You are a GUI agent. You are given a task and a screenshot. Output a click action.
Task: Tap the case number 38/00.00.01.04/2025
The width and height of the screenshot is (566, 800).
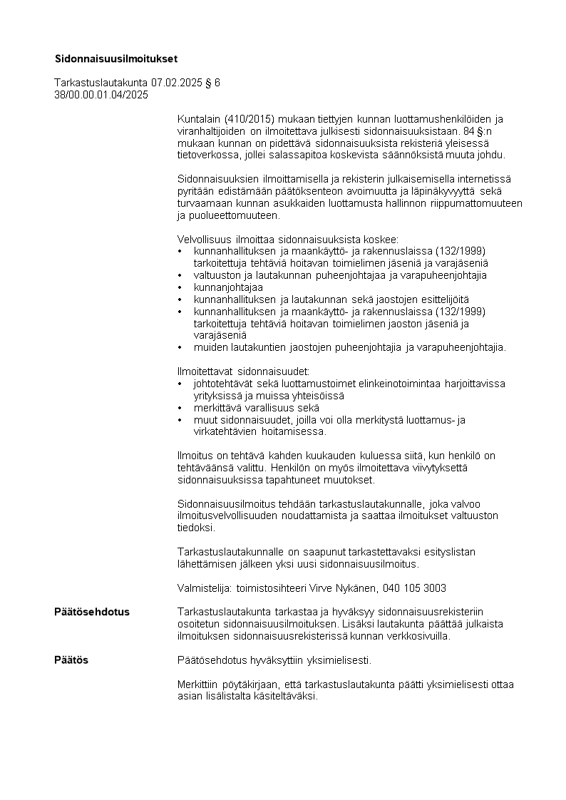coord(101,94)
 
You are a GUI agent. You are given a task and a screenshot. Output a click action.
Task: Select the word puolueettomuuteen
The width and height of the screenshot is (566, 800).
coord(235,215)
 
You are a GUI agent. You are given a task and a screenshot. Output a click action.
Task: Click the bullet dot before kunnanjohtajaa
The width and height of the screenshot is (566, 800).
coord(179,287)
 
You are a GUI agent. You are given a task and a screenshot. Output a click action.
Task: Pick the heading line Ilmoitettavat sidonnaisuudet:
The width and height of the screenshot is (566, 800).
coord(243,371)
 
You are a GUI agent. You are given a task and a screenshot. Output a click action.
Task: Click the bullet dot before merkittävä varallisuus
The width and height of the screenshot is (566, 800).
coord(179,408)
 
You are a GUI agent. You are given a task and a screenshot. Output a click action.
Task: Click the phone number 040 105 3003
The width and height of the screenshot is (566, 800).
coord(415,588)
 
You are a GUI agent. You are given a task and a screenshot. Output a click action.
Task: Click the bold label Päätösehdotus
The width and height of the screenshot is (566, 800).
coord(92,612)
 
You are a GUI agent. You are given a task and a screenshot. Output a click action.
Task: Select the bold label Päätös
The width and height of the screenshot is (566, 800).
coord(71,660)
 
